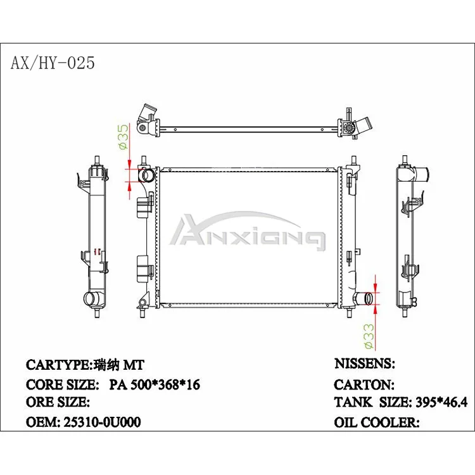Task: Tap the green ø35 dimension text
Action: point(123,136)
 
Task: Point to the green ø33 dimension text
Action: point(368,336)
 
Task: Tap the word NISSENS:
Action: point(364,364)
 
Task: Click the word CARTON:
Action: point(364,384)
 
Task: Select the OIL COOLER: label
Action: point(376,422)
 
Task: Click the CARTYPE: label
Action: point(59,365)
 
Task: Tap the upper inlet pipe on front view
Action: point(146,175)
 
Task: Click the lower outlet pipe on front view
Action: point(364,298)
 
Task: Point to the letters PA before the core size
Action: point(118,384)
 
